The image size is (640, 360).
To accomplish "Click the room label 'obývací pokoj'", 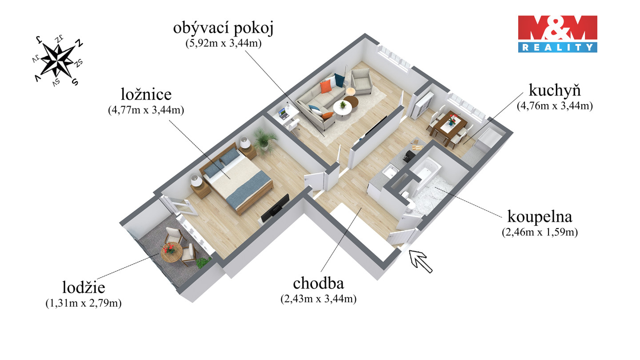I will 223,29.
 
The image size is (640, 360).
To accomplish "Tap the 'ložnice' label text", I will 146,95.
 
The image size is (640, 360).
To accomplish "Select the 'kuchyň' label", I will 555,91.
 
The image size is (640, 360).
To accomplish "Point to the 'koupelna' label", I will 539,217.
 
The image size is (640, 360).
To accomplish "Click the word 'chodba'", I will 318,284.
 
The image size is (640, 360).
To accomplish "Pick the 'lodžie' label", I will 84,288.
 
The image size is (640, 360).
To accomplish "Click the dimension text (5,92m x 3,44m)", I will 223,44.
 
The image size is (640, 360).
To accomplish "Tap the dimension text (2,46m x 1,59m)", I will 539,232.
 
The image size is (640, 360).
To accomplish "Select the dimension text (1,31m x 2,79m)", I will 84,303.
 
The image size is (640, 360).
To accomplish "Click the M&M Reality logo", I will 557,34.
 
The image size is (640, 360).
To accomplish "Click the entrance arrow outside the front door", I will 420,261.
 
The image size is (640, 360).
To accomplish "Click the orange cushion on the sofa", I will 327,86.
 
